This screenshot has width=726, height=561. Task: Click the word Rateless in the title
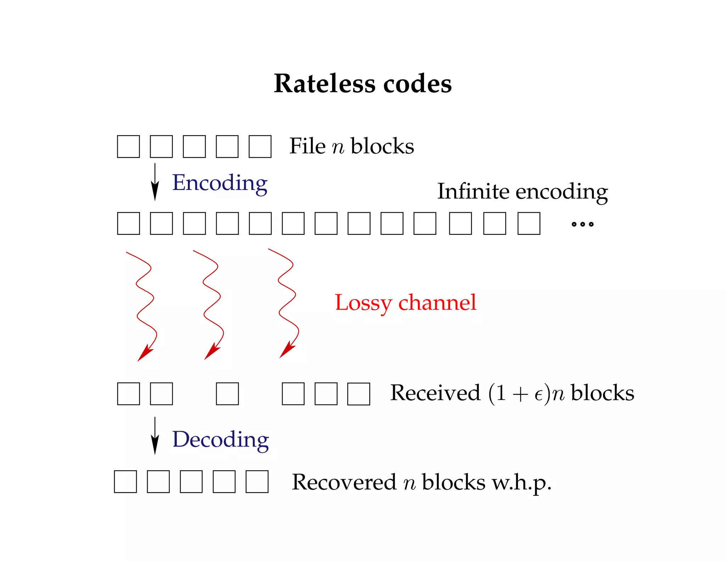pyautogui.click(x=325, y=84)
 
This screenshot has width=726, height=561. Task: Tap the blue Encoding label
pyautogui.click(x=219, y=183)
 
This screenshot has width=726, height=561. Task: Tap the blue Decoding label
pyautogui.click(x=220, y=440)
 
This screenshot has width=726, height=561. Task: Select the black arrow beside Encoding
pyautogui.click(x=155, y=182)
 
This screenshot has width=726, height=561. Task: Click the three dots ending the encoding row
pyautogui.click(x=582, y=224)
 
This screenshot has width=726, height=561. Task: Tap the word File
pyautogui.click(x=307, y=146)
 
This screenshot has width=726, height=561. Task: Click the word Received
pyautogui.click(x=435, y=393)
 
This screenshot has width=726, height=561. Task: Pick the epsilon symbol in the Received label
pyautogui.click(x=538, y=395)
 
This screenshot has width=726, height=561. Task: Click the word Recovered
pyautogui.click(x=344, y=482)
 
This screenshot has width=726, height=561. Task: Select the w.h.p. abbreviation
pyautogui.click(x=521, y=483)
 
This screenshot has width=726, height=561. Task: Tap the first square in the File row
pyautogui.click(x=128, y=146)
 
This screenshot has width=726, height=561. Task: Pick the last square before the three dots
pyautogui.click(x=529, y=223)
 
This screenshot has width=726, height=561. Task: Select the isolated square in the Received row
pyautogui.click(x=227, y=394)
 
